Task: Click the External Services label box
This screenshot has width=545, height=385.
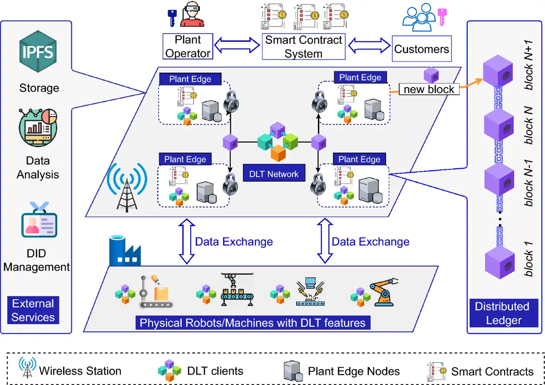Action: (33, 311)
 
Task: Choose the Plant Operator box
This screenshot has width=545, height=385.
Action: (188, 46)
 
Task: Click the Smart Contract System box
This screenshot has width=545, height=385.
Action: (303, 46)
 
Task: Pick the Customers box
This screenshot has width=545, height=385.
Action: (421, 49)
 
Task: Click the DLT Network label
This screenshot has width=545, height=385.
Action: (273, 173)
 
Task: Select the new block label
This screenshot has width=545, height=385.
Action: (429, 89)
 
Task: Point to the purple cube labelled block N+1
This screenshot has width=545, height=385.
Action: (499, 73)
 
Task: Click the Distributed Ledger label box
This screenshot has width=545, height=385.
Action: (502, 313)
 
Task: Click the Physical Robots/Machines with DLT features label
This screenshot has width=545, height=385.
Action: (253, 323)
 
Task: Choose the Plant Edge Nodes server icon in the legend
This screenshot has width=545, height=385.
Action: (293, 371)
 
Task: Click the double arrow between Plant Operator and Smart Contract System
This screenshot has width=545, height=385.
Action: (237, 46)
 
